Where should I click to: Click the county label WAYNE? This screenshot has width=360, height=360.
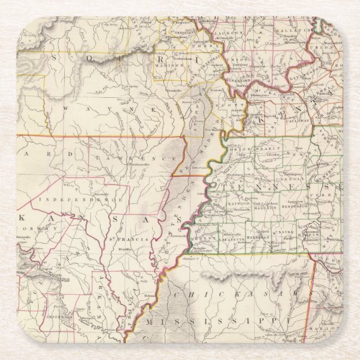[x=101, y=109]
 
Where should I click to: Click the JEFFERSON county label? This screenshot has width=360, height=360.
[x=63, y=316]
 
